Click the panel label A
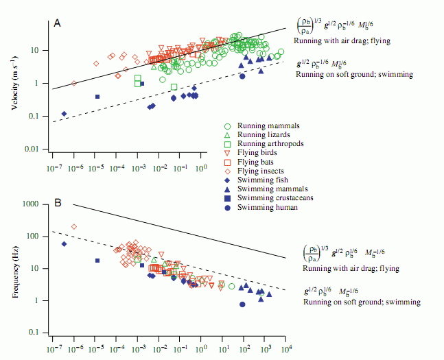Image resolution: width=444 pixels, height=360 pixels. pyautogui.click(x=58, y=23)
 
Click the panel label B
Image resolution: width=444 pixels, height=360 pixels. pyautogui.click(x=58, y=203)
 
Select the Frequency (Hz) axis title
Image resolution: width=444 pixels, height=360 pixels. pyautogui.click(x=16, y=268)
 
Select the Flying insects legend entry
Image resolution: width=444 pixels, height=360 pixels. pyautogui.click(x=261, y=171)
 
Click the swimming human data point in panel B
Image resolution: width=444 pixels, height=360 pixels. pyautogui.click(x=242, y=304)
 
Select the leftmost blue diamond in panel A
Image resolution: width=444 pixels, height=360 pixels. pyautogui.click(x=64, y=114)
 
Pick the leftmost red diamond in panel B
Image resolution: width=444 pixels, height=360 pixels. pyautogui.click(x=74, y=226)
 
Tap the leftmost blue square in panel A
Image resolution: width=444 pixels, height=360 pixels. pyautogui.click(x=97, y=97)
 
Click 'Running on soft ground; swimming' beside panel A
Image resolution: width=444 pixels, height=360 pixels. pyautogui.click(x=354, y=73)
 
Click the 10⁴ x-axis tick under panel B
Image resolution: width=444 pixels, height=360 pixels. pyautogui.click(x=286, y=350)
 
